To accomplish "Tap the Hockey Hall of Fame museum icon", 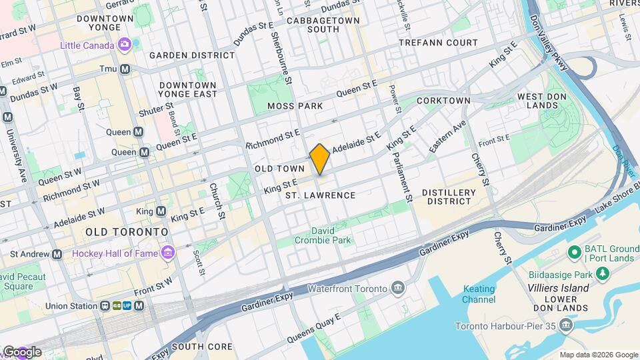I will [x=167, y=253].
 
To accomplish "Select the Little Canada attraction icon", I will [x=124, y=45].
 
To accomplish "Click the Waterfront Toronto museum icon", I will [x=399, y=288].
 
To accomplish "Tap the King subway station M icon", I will [x=161, y=211].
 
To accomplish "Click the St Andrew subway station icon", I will [x=57, y=254].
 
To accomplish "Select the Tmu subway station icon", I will [x=124, y=69].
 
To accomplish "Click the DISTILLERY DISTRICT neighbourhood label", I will [x=449, y=197].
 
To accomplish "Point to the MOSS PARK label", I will [x=295, y=106].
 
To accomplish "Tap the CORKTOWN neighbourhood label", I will [x=443, y=101].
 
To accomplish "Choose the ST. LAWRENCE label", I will [x=321, y=195].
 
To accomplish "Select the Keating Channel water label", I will [x=479, y=294].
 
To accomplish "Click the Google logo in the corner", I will [x=21, y=351].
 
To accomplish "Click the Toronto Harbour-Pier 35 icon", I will [x=567, y=325].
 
